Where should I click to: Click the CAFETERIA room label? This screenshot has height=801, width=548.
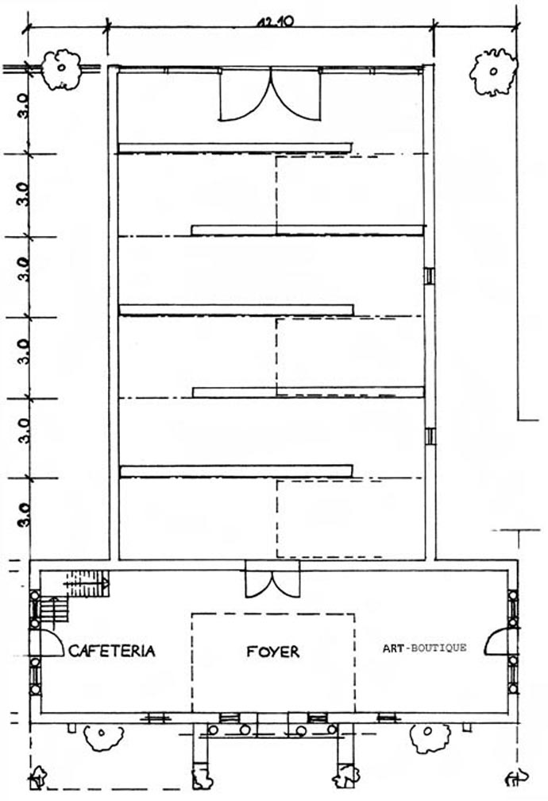coord(112,651)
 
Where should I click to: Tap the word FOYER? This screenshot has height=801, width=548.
coord(273,652)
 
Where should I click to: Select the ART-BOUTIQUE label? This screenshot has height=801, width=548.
coord(424,648)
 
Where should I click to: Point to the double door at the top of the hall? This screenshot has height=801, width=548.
coord(270,95)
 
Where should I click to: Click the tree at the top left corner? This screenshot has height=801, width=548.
coord(61,70)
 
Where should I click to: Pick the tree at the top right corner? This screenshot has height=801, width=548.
coord(493,72)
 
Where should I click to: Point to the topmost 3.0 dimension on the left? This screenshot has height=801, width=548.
coord(22,105)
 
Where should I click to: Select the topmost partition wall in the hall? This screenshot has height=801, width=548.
coord(235,148)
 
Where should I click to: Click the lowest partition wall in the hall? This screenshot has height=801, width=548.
coord(236,471)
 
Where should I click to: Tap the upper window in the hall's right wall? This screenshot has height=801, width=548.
coord(430,276)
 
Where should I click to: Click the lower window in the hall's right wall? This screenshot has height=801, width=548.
coord(430,436)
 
